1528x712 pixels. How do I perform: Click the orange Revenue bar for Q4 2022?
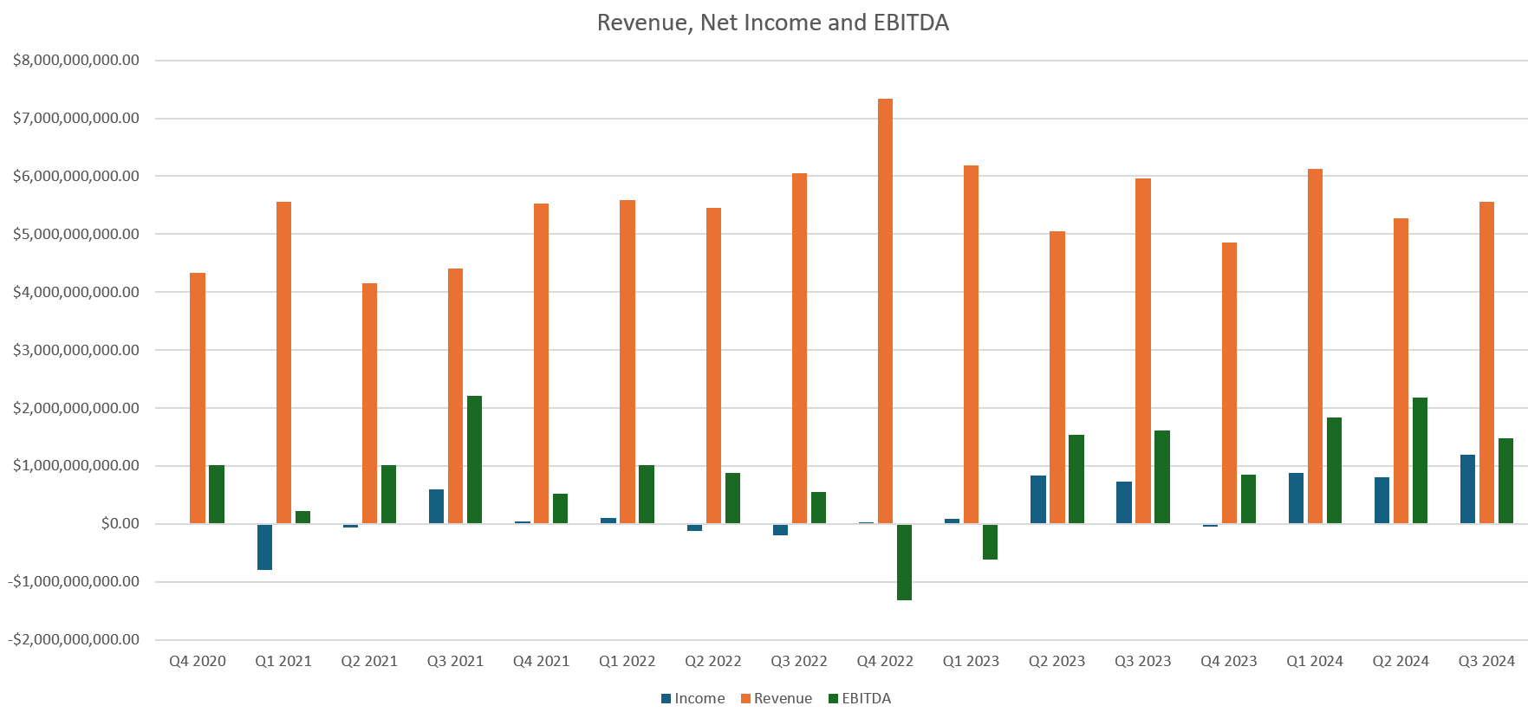tap(885, 312)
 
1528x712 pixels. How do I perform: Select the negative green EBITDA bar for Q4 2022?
tap(904, 561)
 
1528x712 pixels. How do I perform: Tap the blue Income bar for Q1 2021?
tap(264, 547)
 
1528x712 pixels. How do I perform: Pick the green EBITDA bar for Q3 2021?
tap(474, 460)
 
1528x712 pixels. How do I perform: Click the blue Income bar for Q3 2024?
tap(1467, 489)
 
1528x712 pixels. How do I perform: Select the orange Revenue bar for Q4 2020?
tap(198, 398)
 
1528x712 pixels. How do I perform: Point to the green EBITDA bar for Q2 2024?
tap(1420, 461)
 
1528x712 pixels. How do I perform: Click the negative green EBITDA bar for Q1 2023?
tap(990, 541)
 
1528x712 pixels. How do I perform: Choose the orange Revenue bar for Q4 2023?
tap(1229, 383)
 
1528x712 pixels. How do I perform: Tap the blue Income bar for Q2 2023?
tap(1037, 500)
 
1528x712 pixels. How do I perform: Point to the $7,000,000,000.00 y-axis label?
tap(76, 118)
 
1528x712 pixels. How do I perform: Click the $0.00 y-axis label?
tap(120, 523)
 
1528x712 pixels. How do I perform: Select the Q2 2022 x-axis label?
tap(712, 662)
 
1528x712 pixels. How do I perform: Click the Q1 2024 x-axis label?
tap(1314, 662)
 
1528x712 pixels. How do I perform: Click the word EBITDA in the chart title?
tap(911, 23)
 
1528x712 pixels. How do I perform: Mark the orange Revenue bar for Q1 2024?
tap(1315, 346)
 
